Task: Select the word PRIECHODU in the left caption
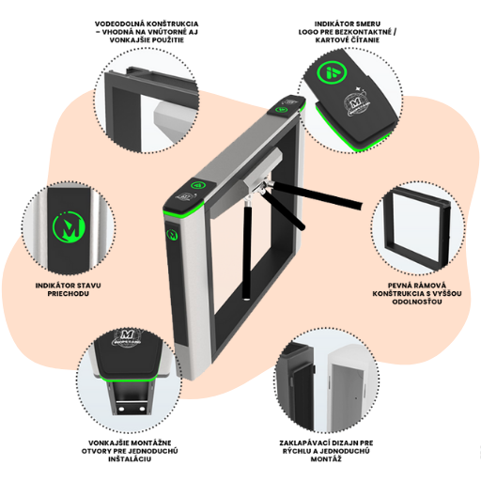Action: coord(68,294)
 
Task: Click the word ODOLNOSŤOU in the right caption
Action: coord(417,302)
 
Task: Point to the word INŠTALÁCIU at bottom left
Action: coord(130,459)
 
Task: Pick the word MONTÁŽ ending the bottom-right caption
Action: coord(326,459)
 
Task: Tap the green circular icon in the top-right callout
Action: coord(333,71)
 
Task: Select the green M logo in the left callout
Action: coord(70,225)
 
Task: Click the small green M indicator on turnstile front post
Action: coord(172,234)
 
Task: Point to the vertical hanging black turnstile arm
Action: coord(247,250)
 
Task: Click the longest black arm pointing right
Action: coord(317,194)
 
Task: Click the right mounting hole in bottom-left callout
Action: coord(142,409)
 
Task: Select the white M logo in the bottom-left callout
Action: coord(125,338)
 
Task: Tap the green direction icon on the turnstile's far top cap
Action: coord(281,110)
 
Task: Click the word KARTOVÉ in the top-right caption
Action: coord(332,40)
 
